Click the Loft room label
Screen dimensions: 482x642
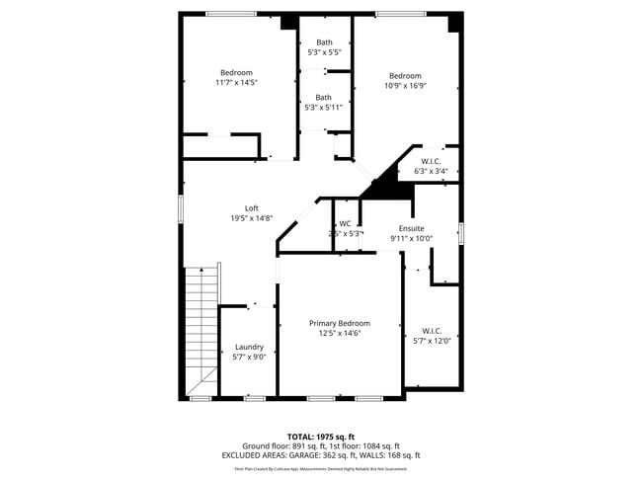click(251, 208)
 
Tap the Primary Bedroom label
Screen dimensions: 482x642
click(340, 323)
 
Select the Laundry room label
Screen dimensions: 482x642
click(249, 347)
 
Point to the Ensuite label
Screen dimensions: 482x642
click(411, 228)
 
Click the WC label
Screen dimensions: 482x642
click(345, 224)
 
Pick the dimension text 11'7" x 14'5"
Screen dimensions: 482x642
click(236, 83)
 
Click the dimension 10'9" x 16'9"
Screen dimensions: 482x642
click(405, 86)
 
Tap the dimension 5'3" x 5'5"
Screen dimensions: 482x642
click(324, 52)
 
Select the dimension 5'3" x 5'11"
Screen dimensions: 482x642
click(324, 107)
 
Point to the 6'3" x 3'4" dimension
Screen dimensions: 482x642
click(431, 171)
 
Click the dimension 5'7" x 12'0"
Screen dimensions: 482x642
click(432, 341)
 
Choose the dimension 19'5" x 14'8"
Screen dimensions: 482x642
click(251, 218)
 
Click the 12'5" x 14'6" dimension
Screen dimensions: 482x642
click(340, 333)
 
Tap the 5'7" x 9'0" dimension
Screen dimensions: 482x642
click(249, 357)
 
